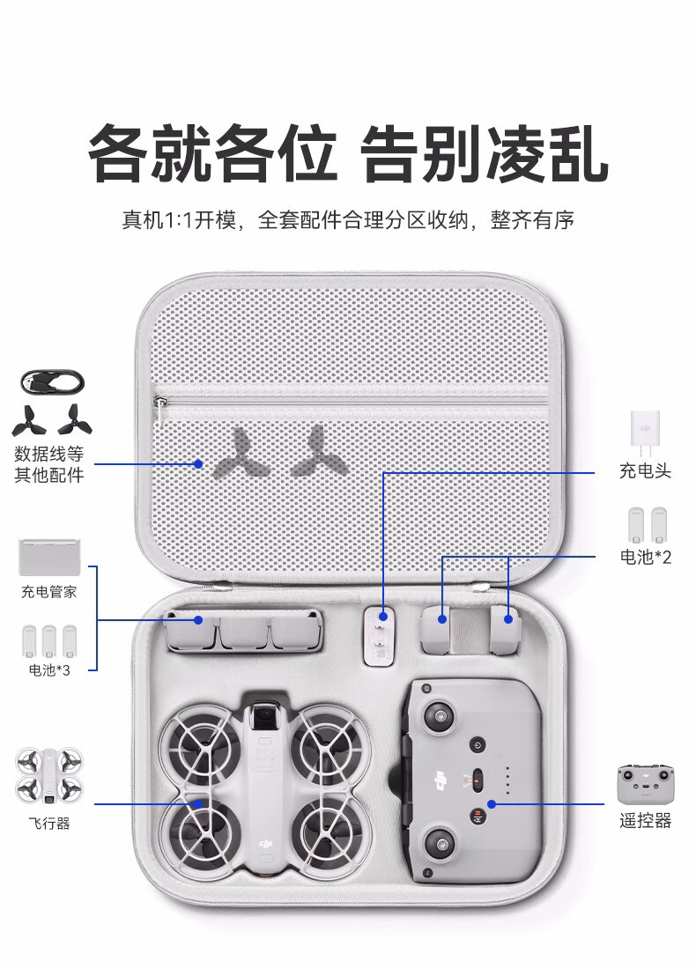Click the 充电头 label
coord(645,471)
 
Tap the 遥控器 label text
coord(645,821)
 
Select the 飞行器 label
coord(48,823)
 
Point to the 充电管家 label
coord(48,592)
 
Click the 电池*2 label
coord(645,557)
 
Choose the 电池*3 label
coord(49,669)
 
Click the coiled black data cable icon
coord(53,382)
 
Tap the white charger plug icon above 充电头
coord(645,431)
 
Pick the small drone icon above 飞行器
coord(48,776)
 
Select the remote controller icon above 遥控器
coord(645,784)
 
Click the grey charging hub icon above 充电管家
coord(49,558)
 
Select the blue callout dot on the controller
coord(492,804)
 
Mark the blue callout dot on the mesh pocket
coord(198,463)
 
